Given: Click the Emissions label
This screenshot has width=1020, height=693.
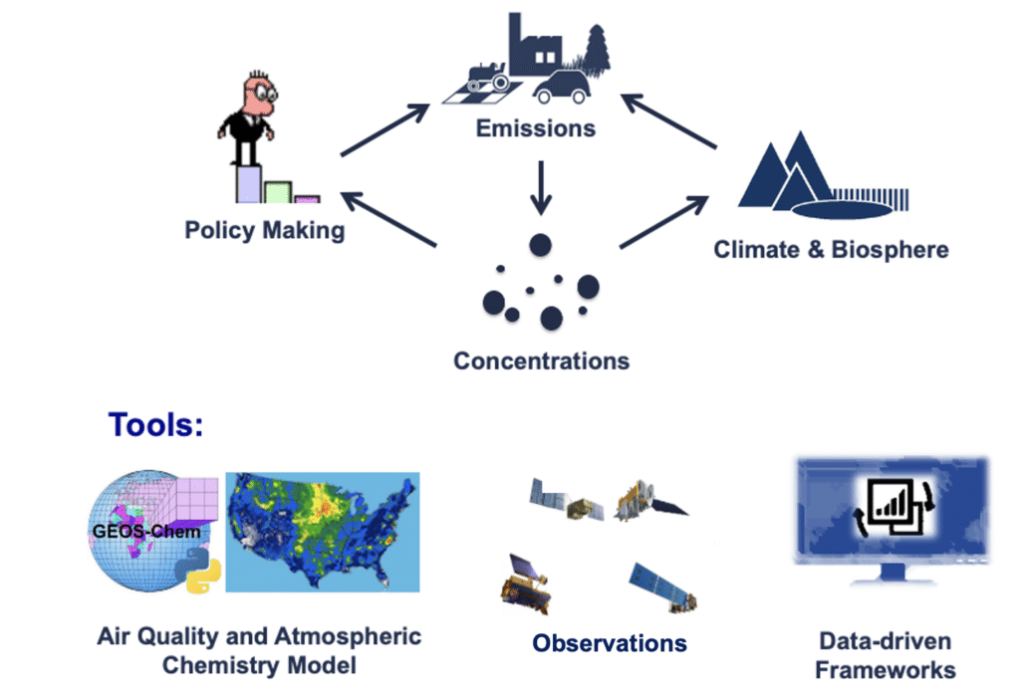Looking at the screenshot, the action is pos(535,128).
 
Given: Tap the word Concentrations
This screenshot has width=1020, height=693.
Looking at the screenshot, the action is pos(541,360).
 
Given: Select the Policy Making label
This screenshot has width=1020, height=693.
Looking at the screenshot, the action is pos(265,230).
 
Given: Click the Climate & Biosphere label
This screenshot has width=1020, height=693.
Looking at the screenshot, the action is pos(831,249).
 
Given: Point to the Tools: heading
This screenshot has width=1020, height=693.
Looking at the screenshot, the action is pos(155,424).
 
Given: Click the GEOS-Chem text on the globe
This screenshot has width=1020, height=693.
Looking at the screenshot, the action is pos(146,531).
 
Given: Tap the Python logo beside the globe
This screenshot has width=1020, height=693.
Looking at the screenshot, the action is pos(198,570).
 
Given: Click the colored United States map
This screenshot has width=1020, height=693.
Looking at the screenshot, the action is pos(323,532).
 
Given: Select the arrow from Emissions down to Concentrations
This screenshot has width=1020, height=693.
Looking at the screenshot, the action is pos(541,188).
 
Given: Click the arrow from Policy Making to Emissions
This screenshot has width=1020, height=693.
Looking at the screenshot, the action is pos(385,130).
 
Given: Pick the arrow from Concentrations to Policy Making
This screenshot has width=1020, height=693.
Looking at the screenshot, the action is pos(388,219).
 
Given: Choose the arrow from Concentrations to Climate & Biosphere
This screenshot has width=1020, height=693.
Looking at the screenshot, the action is pos(664,222).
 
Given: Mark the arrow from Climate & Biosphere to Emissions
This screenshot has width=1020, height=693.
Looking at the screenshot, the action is pos(668,121).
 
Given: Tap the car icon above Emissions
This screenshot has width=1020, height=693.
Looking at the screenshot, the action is pos(562,87).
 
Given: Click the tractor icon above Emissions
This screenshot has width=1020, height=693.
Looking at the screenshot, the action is pos(488,77).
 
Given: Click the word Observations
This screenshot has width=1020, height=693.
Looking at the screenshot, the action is pos(610,643).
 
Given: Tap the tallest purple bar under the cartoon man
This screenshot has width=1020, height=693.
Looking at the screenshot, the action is pos(248,184).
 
